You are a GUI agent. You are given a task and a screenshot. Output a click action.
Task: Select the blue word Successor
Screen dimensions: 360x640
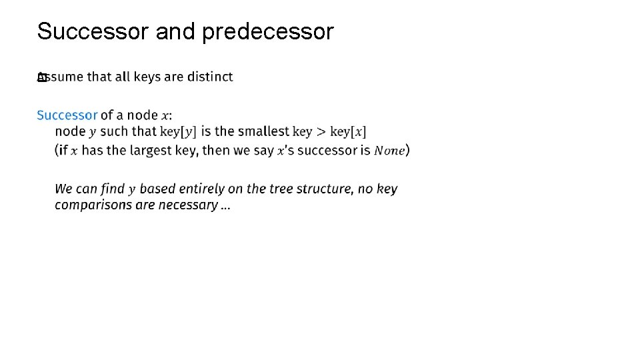(67, 115)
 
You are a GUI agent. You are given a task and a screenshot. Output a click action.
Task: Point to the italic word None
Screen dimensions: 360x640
(389, 151)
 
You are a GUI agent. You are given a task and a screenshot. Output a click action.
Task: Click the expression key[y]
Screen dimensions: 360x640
(179, 132)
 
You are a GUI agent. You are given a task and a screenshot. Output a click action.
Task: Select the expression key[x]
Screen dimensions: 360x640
(348, 132)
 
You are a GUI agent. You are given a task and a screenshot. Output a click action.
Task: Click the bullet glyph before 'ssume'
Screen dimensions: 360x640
(41, 77)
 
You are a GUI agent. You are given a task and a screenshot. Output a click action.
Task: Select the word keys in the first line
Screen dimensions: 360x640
(147, 77)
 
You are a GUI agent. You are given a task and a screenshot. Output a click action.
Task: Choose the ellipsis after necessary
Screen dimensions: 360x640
(225, 207)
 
